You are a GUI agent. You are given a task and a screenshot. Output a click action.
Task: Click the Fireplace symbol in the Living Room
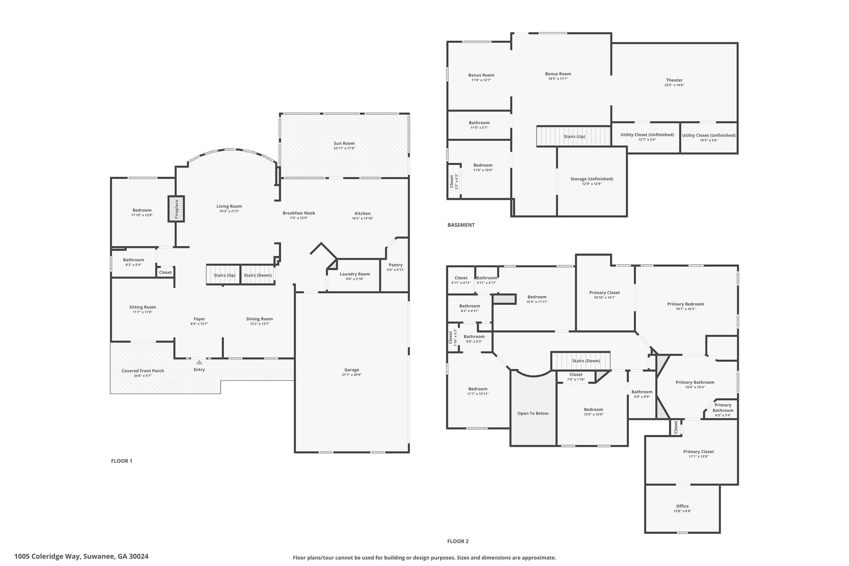click(x=176, y=209)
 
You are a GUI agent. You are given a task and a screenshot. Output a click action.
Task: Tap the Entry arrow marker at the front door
click(x=199, y=362)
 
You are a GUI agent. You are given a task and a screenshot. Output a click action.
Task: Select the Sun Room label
click(x=344, y=143)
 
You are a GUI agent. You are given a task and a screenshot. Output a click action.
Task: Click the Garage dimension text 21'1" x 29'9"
click(x=352, y=375)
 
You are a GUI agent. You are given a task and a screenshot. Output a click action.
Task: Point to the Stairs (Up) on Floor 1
click(x=223, y=275)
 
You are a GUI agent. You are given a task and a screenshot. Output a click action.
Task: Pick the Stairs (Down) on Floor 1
click(x=258, y=275)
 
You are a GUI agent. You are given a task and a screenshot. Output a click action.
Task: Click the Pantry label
click(x=395, y=265)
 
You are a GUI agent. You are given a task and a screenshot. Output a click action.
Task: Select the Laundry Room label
click(x=354, y=274)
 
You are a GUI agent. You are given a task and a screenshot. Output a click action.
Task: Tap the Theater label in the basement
click(x=674, y=80)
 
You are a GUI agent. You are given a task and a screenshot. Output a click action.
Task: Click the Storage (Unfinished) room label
click(x=592, y=179)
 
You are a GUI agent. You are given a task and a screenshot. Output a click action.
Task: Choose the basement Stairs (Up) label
click(x=574, y=136)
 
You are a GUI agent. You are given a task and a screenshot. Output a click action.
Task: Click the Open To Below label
click(x=533, y=413)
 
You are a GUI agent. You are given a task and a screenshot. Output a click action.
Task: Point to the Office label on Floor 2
click(x=682, y=506)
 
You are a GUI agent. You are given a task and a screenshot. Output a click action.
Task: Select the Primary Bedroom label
click(x=685, y=304)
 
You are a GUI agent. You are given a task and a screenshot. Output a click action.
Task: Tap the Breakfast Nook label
click(x=299, y=213)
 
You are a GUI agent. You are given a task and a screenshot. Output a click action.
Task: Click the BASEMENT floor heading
click(x=461, y=225)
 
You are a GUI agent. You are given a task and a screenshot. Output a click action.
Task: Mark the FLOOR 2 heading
click(x=458, y=541)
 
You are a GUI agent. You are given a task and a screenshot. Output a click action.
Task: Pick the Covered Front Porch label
click(x=143, y=371)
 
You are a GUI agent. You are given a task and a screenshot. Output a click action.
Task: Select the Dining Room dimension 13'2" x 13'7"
click(x=260, y=324)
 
